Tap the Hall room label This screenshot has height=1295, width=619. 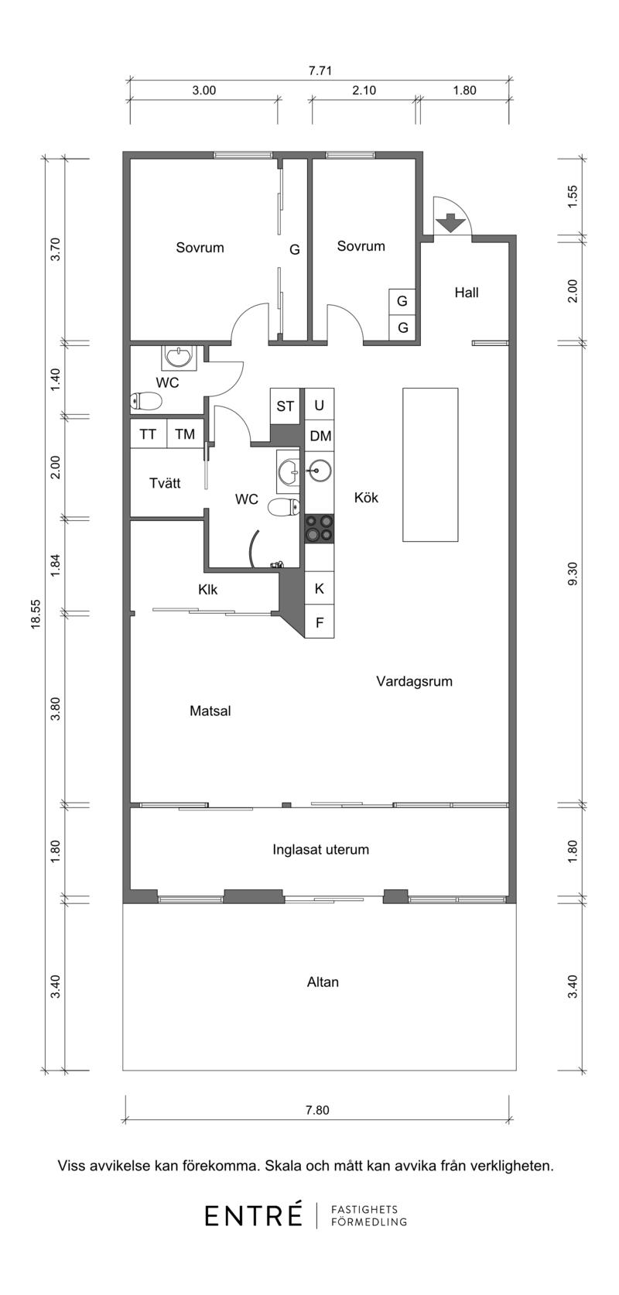[467, 293]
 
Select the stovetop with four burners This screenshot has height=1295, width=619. [320, 529]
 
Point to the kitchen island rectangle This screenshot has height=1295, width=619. [430, 464]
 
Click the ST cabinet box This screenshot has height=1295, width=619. [285, 406]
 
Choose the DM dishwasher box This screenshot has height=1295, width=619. [320, 435]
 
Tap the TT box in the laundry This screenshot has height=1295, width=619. [149, 433]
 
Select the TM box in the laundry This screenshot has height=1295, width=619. [185, 433]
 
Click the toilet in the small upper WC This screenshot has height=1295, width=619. [145, 401]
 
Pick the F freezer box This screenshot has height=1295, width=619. [320, 622]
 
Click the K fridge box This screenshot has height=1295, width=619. [320, 588]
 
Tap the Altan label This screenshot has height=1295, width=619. [323, 982]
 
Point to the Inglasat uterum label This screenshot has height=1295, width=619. [321, 849]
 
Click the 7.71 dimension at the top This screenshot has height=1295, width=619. [320, 70]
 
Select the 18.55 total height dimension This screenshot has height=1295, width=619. [36, 613]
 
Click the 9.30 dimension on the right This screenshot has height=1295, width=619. [572, 574]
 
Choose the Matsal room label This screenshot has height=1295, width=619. [210, 711]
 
